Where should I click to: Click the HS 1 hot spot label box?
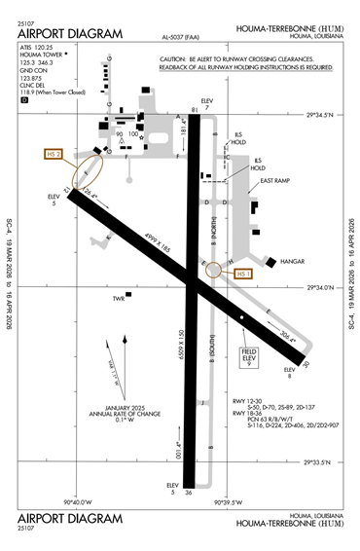242,275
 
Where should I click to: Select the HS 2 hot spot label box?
54,154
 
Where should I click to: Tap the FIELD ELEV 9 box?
248,356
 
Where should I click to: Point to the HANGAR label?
292,262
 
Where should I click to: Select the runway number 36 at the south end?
189,492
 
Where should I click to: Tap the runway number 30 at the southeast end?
306,364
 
